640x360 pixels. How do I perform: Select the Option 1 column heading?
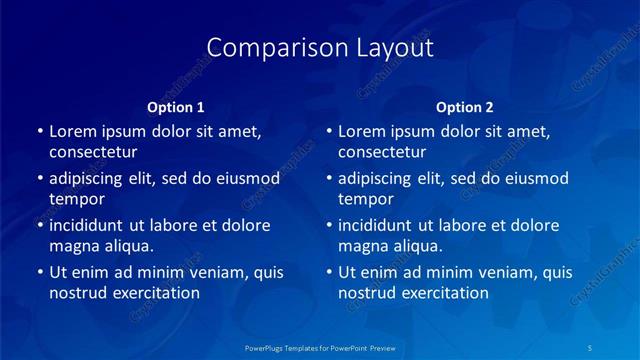176,107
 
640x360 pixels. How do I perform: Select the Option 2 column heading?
465,107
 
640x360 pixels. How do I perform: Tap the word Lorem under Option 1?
72,131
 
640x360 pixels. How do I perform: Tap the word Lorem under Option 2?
361,131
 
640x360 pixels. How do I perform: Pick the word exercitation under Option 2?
443,293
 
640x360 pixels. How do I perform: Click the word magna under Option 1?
73,246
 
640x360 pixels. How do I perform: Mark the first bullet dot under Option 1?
39,131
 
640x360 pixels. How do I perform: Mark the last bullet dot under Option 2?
328,272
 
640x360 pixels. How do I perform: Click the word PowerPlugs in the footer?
267,347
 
